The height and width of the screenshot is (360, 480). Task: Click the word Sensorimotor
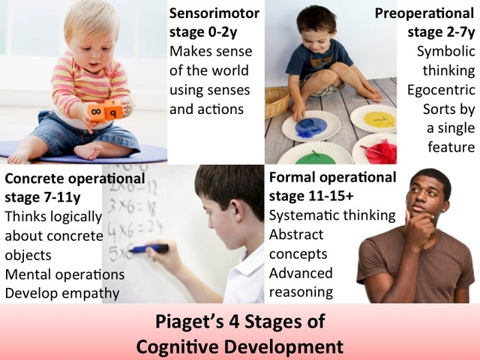click(214, 14)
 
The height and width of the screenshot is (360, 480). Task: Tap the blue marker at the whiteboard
click(149, 248)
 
